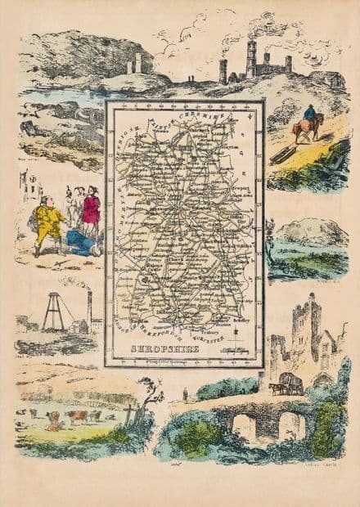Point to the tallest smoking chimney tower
coord(250,57)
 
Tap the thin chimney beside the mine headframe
coord(89,308)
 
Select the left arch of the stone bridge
coord(244,427)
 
